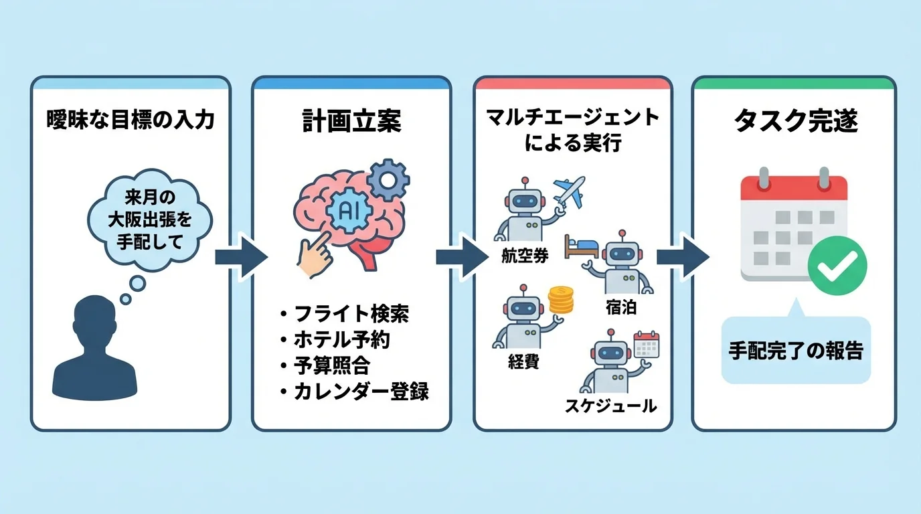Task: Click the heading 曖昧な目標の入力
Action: pos(130,120)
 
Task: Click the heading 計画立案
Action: pos(351,121)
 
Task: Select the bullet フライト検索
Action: pos(351,313)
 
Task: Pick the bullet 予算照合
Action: pos(331,365)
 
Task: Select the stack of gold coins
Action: pos(561,301)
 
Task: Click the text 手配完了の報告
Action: pos(796,351)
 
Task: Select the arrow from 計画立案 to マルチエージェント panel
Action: pos(460,257)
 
